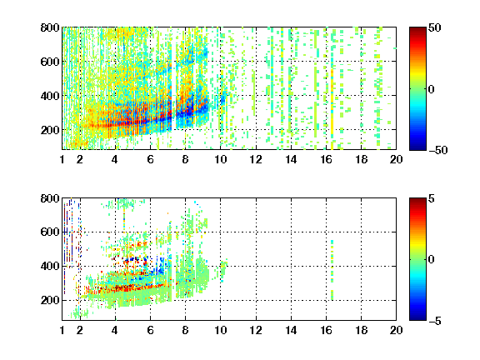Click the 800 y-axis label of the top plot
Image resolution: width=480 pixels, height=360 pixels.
[x=50, y=27]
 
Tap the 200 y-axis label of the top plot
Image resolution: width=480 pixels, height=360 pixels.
[x=50, y=130]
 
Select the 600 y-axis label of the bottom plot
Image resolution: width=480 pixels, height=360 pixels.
[x=50, y=232]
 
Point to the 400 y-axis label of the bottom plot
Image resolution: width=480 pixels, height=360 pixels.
[x=50, y=266]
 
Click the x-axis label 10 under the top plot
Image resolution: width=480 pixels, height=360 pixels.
[x=220, y=159]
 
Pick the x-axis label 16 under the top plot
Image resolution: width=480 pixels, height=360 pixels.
[x=326, y=159]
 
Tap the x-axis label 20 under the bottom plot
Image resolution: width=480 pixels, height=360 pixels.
[x=396, y=330]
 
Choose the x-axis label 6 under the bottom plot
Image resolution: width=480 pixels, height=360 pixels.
[x=150, y=330]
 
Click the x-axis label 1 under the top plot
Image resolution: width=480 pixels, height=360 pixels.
[x=62, y=159]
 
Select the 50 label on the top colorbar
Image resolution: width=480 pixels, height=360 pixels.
[x=435, y=27]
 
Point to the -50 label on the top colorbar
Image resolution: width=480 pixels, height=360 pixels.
[x=438, y=150]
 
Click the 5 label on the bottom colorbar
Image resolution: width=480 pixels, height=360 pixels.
[x=432, y=198]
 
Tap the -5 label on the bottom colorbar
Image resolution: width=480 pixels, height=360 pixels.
[x=435, y=321]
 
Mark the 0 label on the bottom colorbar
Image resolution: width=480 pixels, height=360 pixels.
[x=432, y=260]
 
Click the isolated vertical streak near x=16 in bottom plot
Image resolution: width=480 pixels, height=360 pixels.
[x=332, y=270]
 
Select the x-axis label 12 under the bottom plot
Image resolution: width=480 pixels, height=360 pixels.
[x=256, y=330]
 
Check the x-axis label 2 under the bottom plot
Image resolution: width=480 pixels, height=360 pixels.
[x=80, y=330]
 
